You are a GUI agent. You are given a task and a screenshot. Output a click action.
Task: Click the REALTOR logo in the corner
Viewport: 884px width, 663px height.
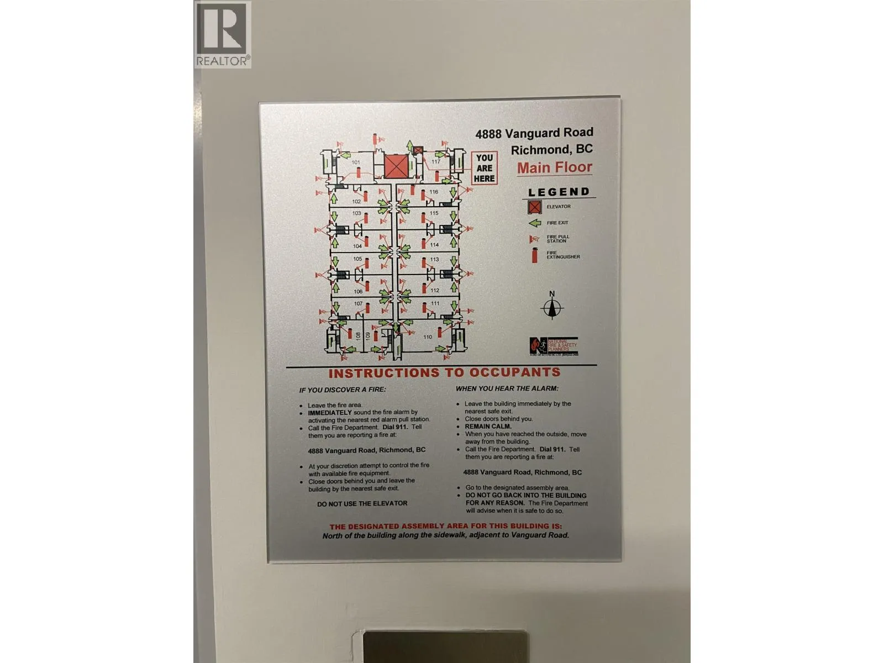[x=223, y=34]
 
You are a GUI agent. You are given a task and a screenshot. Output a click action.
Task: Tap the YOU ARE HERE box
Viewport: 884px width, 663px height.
[x=484, y=168]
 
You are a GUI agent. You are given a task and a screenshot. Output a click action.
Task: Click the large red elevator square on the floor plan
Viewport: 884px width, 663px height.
[x=396, y=166]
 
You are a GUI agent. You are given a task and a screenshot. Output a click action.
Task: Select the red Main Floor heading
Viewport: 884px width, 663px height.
[x=554, y=167]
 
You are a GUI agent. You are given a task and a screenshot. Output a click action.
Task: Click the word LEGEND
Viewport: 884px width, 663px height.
[x=559, y=192]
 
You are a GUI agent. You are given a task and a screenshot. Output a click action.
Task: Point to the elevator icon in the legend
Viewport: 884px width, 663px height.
[x=534, y=207]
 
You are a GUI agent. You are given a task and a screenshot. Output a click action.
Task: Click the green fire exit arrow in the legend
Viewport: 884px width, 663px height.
[x=534, y=223]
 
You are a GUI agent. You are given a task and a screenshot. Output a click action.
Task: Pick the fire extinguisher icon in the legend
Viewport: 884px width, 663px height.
[x=534, y=256]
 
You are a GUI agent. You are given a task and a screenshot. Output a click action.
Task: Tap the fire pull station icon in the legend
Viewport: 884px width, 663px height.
[x=534, y=239]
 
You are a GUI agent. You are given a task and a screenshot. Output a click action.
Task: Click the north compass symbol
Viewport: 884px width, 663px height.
[x=552, y=307]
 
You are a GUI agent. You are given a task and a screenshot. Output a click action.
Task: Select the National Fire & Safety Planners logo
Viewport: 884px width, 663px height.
[x=553, y=346]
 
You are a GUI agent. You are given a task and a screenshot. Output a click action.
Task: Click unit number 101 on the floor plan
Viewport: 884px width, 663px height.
[x=356, y=162]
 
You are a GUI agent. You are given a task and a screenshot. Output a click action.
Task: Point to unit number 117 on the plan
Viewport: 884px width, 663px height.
[x=436, y=162]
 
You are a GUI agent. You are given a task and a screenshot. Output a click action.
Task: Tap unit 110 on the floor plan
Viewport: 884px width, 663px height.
[x=428, y=336]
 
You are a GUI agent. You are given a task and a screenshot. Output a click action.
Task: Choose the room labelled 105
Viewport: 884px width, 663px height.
[x=357, y=259]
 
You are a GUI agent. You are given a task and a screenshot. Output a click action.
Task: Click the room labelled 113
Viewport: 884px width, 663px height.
[x=435, y=259]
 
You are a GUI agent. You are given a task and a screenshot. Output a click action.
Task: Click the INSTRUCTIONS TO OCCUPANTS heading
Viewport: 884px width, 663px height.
[x=444, y=373]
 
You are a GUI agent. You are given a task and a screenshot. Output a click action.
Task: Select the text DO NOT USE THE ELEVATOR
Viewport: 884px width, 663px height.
[x=362, y=504]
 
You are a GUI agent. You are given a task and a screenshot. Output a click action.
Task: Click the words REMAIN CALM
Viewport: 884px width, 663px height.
[x=488, y=427]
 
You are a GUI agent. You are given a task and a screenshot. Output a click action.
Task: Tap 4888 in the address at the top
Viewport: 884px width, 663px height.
[x=488, y=134]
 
